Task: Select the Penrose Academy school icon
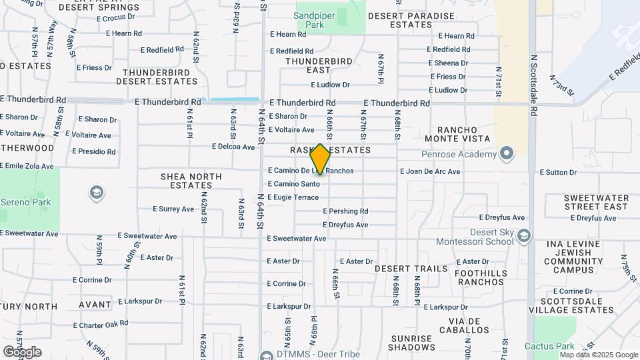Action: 507,154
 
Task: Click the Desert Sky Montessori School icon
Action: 525,235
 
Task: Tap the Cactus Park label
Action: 549,346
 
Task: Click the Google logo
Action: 22,351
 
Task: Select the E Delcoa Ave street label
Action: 233,147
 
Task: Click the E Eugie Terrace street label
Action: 293,197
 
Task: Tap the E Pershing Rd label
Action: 345,211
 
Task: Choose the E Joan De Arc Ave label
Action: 430,171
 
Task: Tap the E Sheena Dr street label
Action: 448,63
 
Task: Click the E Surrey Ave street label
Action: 173,209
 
